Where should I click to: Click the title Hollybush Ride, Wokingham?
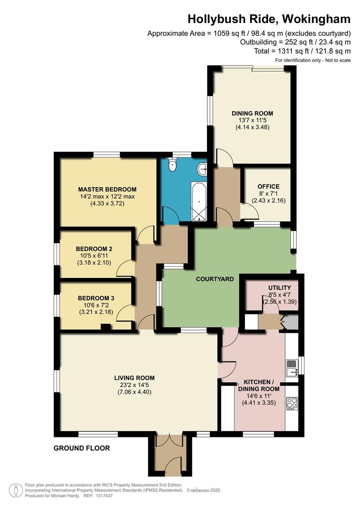click(269, 19)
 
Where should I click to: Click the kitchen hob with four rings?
click(292, 404)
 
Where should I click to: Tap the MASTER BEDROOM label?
click(107, 189)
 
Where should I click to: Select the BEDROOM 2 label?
click(94, 248)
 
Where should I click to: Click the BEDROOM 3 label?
click(96, 298)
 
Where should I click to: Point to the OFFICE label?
click(269, 186)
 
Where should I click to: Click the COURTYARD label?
click(215, 279)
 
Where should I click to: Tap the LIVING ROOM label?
click(134, 378)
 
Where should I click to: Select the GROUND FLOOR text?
click(82, 448)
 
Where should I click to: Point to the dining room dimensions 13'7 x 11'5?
click(252, 120)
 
